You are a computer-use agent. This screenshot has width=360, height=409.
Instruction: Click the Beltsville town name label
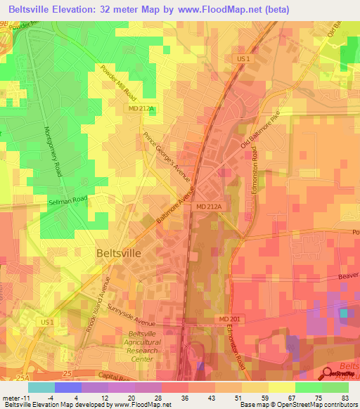point(117,252)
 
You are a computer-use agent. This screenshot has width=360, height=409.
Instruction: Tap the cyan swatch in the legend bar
point(41,387)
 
